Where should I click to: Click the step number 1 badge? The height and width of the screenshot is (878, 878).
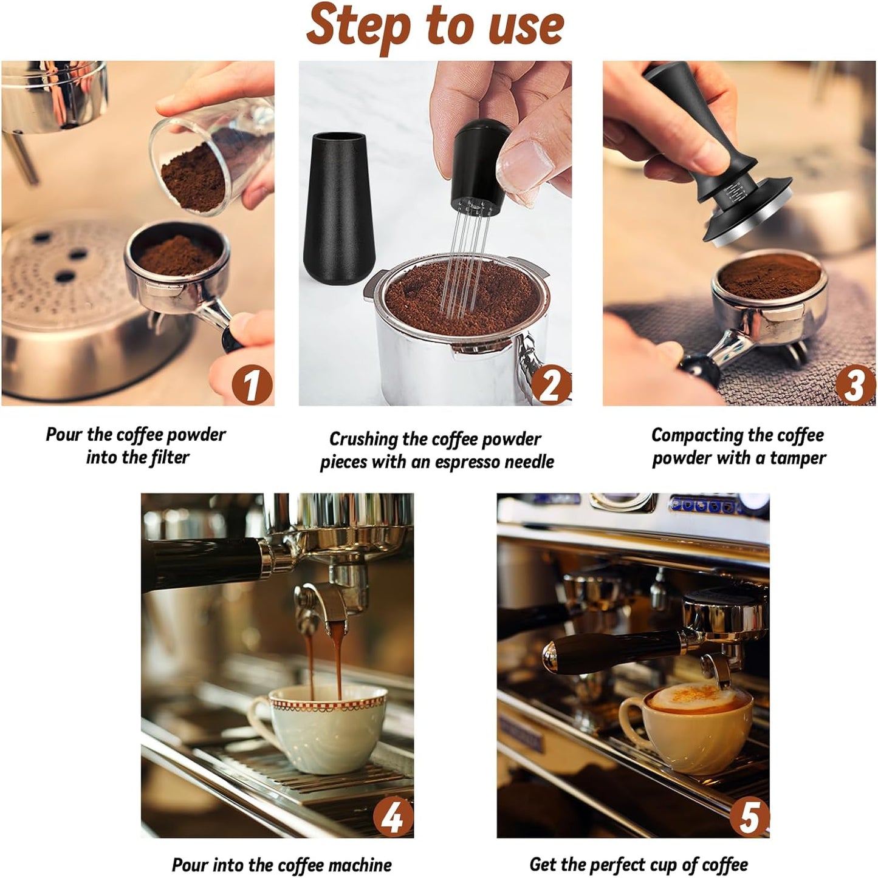250,384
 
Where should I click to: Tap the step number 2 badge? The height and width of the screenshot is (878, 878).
550,384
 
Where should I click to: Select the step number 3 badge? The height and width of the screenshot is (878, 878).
854,384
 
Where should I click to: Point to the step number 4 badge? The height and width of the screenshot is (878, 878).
393,817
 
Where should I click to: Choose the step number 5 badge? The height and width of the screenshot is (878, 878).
749,817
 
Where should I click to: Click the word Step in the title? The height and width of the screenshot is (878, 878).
359,26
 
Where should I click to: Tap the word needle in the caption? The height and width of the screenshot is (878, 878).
525,462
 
